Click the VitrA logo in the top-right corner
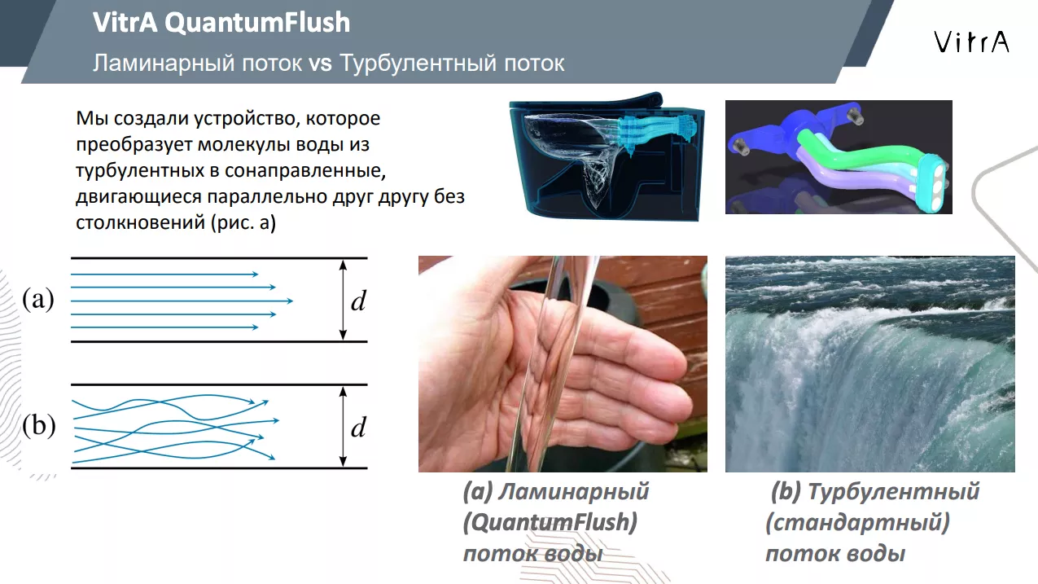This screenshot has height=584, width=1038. (x=971, y=42)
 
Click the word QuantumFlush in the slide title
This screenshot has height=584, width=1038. (x=257, y=22)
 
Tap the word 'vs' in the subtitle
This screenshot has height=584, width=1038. (x=320, y=64)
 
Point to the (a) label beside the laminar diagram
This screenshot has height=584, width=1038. (x=38, y=299)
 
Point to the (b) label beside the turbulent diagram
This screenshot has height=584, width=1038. (x=38, y=425)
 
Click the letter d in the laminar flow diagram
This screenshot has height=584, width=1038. (x=358, y=301)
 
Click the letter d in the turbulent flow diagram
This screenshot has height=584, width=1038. (x=358, y=428)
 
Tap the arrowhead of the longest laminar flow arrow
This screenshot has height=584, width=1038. (x=290, y=301)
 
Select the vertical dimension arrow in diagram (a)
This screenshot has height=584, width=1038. (x=343, y=300)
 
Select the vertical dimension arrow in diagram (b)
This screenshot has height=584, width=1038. (x=343, y=427)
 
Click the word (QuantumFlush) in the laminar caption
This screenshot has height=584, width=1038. (x=550, y=523)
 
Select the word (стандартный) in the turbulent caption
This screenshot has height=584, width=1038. (x=857, y=523)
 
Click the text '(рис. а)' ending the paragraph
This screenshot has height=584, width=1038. (x=243, y=223)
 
